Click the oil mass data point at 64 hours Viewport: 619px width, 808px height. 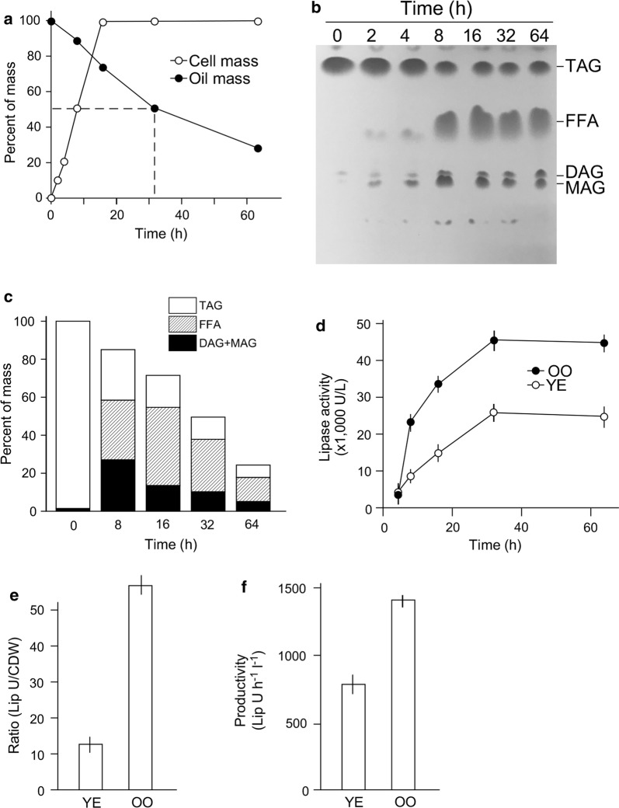click(258, 148)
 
